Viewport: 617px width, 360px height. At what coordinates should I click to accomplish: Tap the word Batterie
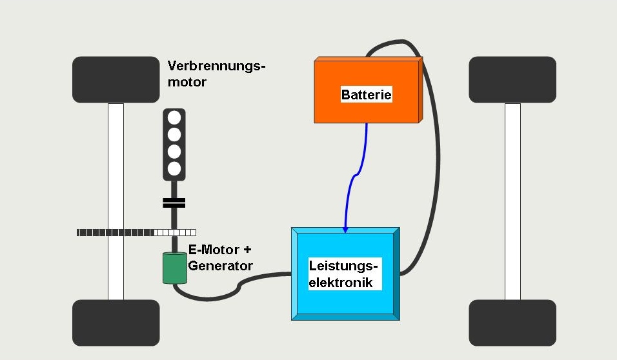coord(366,95)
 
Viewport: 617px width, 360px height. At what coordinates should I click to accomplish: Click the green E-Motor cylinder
coord(174,268)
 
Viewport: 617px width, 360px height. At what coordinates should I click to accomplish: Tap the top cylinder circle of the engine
coord(174,118)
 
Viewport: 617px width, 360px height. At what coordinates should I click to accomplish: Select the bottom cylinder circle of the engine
coord(174,168)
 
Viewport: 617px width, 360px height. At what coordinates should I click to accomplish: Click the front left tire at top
coord(116,79)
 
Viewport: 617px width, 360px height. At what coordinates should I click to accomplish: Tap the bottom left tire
coord(116,323)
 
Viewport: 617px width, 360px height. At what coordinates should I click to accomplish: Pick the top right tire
coord(512,79)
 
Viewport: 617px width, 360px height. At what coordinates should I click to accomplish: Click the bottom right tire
coord(512,323)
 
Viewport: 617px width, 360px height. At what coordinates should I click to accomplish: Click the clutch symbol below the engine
coord(174,203)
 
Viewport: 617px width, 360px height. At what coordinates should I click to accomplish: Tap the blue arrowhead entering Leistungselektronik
coord(345,229)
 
